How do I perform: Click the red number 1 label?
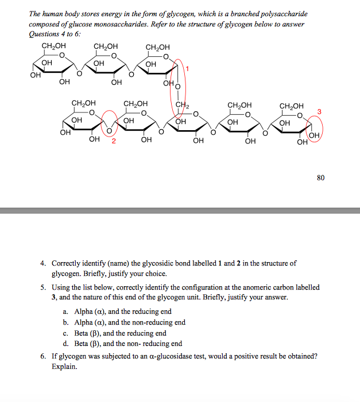click(187, 69)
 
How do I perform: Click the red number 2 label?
click(114, 141)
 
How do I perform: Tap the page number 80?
click(320, 178)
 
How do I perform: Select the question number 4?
click(43, 263)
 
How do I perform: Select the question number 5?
click(43, 287)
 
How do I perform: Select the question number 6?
click(43, 356)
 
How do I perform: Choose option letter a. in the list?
click(65, 311)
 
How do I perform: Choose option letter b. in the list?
click(65, 322)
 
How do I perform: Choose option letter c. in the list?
click(65, 333)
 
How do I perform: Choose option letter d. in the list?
click(65, 344)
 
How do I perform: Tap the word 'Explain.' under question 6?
click(64, 366)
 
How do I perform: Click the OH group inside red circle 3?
click(313, 135)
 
